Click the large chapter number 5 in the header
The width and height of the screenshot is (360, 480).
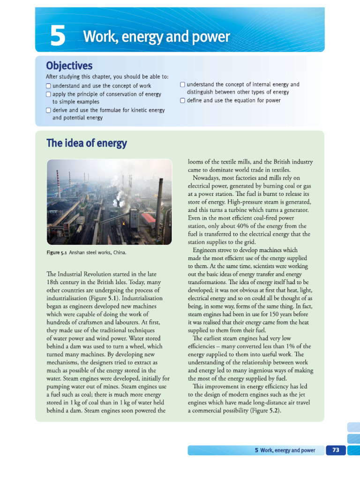(58, 37)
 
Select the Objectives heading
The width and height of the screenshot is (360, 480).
(69, 66)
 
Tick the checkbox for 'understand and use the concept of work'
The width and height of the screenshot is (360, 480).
(48, 86)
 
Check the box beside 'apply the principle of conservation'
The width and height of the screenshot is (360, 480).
(48, 94)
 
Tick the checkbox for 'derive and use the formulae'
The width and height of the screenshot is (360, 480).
(48, 110)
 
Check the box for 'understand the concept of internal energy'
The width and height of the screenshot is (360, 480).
(183, 85)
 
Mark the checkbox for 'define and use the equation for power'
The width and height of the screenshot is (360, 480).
(183, 100)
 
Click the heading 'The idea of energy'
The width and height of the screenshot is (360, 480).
(86, 143)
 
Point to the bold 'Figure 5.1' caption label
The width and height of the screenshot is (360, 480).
(56, 253)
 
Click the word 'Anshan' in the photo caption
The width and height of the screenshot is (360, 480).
(78, 253)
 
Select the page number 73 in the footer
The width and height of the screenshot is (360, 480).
(335, 450)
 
